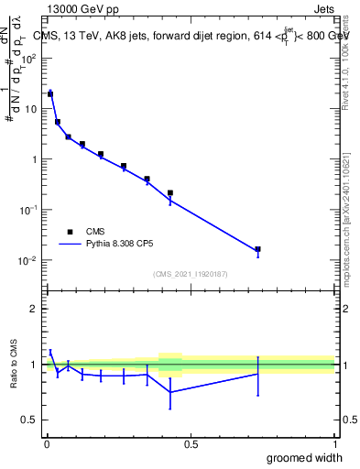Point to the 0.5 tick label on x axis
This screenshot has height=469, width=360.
click(190, 444)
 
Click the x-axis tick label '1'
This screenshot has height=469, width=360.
click(333, 444)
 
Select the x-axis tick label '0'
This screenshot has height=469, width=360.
click(46, 444)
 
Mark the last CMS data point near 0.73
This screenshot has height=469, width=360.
click(257, 249)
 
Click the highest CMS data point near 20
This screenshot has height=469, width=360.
click(50, 93)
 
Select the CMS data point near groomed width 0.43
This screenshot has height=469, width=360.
click(170, 193)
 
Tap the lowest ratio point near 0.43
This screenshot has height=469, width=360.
click(170, 392)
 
